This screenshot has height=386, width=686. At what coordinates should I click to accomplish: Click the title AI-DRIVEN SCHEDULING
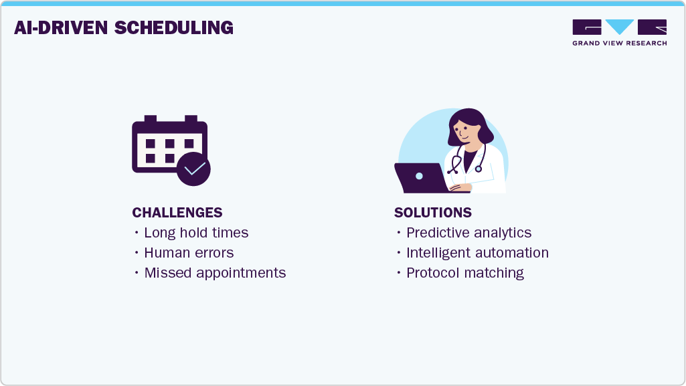(x=124, y=27)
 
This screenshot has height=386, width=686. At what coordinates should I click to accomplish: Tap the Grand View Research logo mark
(x=619, y=27)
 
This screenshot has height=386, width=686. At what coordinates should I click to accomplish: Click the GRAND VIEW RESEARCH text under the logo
(x=619, y=43)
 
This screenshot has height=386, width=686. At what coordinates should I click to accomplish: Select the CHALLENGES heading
(x=177, y=213)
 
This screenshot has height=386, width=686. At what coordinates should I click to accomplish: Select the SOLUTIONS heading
(x=432, y=213)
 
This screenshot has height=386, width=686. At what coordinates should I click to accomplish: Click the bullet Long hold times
(x=196, y=233)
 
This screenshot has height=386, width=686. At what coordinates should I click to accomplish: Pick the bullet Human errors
(x=189, y=253)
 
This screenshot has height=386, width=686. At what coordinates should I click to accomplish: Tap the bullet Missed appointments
(x=215, y=273)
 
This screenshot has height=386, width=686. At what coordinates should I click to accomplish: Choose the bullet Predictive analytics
(x=468, y=233)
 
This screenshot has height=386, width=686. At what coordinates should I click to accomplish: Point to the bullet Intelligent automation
(x=477, y=253)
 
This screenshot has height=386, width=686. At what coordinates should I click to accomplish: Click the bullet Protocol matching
(x=464, y=273)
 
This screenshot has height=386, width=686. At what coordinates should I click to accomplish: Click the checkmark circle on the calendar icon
(x=193, y=169)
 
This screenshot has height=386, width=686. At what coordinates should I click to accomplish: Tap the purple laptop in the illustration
(x=419, y=177)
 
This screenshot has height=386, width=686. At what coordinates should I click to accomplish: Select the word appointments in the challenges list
(x=244, y=273)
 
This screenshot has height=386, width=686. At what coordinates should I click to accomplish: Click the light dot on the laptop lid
(x=419, y=177)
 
